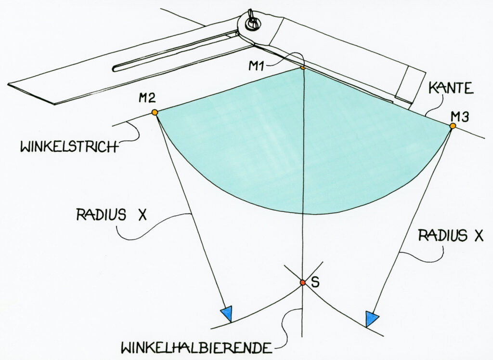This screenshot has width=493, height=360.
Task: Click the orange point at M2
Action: (155, 112)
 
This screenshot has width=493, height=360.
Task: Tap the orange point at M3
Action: (453, 126)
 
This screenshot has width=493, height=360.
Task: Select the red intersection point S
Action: (302, 282)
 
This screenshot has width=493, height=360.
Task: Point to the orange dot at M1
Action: (302, 67)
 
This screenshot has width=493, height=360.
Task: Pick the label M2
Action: (147, 98)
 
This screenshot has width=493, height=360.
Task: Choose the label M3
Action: (459, 118)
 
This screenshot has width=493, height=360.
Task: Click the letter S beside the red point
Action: (315, 282)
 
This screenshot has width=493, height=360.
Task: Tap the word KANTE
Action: (451, 88)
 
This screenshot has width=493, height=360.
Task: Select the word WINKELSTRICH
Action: (68, 147)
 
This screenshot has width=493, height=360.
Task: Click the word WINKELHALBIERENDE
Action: (196, 348)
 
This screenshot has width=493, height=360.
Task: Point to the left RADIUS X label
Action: (112, 215)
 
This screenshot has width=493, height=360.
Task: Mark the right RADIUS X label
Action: (450, 236)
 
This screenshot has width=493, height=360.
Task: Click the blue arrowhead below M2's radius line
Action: (227, 314)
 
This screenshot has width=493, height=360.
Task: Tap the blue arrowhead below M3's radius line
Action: (371, 319)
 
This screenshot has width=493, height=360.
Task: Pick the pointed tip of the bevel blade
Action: (8, 84)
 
